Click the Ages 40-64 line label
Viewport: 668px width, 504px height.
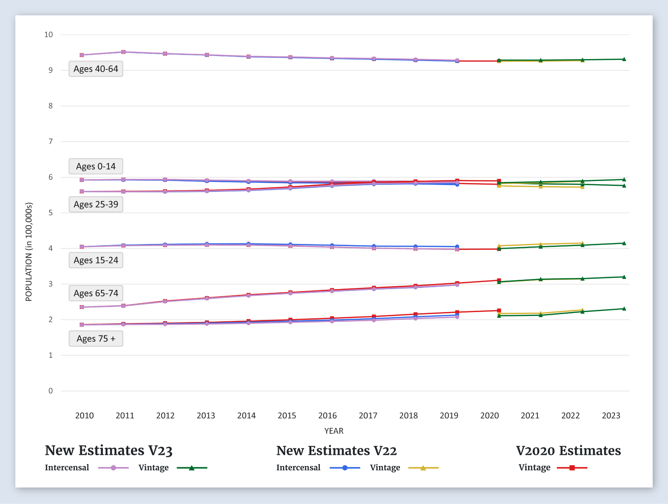coord(96,69)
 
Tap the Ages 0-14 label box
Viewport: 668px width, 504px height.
coord(96,167)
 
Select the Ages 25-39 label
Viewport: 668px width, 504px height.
coord(96,205)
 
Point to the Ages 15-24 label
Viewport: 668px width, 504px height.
coord(96,260)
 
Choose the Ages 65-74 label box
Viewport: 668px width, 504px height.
coord(96,293)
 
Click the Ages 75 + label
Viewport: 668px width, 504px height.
coord(96,339)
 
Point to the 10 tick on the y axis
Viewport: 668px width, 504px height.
coord(49,35)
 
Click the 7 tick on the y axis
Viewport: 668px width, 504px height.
coord(51,142)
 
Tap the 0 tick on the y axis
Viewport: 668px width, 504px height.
coord(51,391)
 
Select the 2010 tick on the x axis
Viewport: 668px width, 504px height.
coord(84,415)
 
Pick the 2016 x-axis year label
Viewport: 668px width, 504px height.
coord(327,415)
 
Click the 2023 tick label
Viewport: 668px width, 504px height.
coord(611,415)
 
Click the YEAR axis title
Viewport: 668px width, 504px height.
coord(334,431)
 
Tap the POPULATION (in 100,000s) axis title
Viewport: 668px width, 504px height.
coord(29,252)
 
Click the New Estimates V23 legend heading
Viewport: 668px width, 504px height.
coord(109,451)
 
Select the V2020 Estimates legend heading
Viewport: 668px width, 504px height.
coord(568,451)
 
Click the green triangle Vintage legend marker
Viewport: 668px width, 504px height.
coord(192,468)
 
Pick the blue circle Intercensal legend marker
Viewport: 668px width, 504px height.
coord(345,468)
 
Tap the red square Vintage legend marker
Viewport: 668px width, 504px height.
coord(572,468)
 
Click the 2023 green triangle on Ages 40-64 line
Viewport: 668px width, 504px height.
coord(624,59)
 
